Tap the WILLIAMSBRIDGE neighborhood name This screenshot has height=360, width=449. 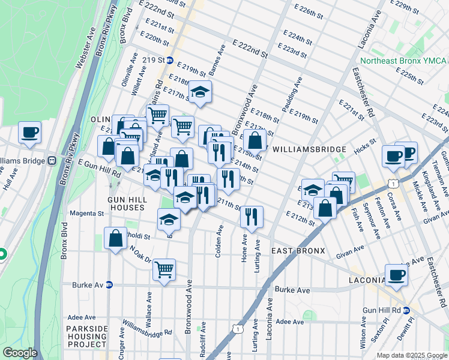pos(309,149)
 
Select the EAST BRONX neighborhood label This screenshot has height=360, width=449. pos(298,250)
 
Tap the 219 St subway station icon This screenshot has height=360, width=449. pos(170,60)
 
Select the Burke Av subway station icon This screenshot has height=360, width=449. pos(109,285)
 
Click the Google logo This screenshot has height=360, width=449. pos(20,353)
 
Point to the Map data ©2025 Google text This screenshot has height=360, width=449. pos(412,355)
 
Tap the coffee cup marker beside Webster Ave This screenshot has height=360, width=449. pos(29,133)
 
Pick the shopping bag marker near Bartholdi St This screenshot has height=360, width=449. pos(115,238)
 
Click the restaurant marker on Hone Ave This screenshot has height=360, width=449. pos(252,216)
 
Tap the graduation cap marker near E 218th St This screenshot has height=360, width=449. pos(200,92)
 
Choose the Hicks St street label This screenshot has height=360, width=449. pos(364,145)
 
